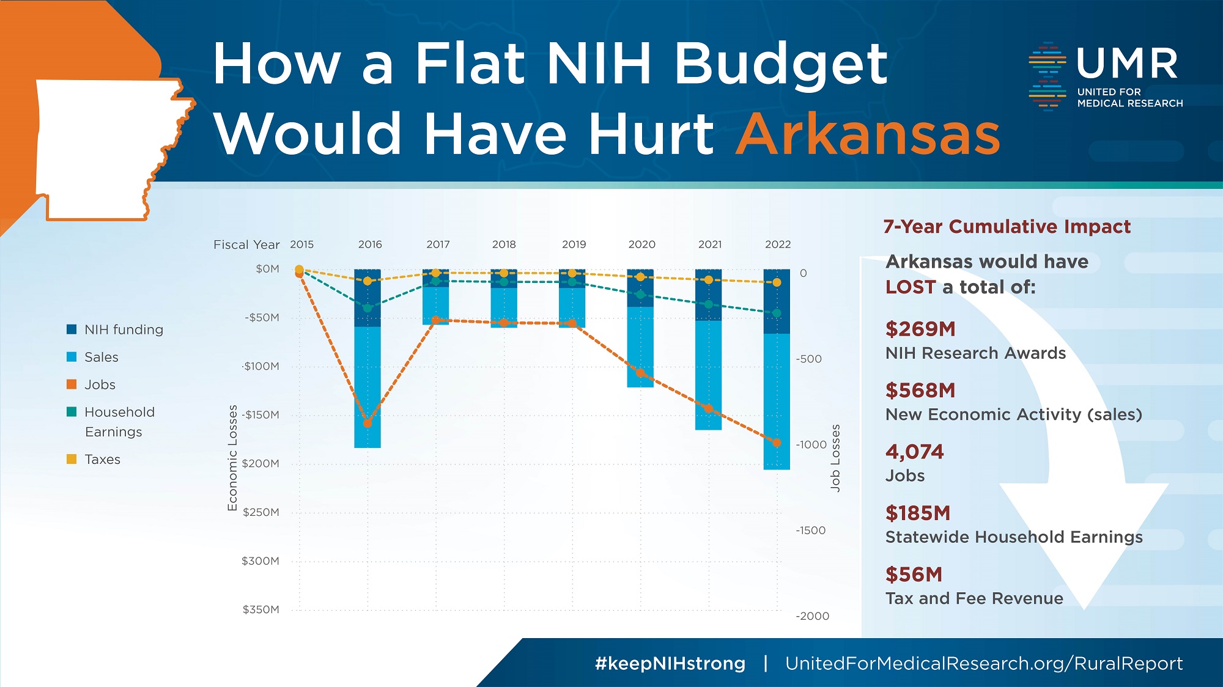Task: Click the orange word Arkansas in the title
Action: (868, 134)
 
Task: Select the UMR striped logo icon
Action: (1047, 76)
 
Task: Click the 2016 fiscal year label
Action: (370, 244)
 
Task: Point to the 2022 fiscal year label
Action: (778, 244)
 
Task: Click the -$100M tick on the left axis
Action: (261, 366)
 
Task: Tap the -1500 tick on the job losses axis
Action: (810, 531)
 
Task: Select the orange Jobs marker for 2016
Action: (368, 423)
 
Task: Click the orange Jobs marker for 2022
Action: (777, 443)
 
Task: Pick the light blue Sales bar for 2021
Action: (708, 375)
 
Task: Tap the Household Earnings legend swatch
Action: (72, 412)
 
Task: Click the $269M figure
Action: (920, 329)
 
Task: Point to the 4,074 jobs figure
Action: (914, 452)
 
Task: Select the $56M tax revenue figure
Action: (914, 575)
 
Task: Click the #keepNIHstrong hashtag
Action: (670, 663)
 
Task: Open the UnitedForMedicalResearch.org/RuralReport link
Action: (983, 663)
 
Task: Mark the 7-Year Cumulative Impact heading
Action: (1007, 227)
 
